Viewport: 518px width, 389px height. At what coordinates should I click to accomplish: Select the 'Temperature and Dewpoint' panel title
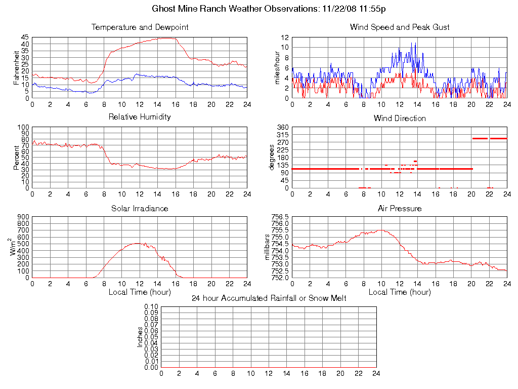140,27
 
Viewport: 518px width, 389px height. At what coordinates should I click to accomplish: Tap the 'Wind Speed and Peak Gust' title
400,27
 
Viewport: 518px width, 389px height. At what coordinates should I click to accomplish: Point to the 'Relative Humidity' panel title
140,117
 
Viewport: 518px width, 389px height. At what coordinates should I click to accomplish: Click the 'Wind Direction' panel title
400,119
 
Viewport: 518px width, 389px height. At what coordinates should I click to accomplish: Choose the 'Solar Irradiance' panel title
140,208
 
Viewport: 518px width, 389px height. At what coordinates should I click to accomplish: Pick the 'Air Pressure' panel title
400,208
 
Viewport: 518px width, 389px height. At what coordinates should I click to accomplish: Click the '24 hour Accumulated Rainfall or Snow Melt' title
269,298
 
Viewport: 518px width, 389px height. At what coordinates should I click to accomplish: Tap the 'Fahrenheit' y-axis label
16,68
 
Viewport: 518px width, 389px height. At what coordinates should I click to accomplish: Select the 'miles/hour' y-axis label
277,68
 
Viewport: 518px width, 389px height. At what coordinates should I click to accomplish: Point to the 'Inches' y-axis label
141,337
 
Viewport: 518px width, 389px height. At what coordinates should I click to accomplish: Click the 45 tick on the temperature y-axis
25,37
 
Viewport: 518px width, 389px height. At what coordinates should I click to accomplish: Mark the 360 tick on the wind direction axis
283,127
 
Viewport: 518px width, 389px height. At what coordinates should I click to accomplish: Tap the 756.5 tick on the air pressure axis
280,217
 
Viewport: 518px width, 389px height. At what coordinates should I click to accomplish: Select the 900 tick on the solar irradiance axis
23,217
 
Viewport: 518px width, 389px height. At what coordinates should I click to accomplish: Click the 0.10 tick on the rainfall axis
151,306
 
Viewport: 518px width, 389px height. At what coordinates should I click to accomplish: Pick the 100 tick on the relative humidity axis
23,127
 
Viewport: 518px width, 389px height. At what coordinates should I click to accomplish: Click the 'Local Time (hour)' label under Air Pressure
400,292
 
